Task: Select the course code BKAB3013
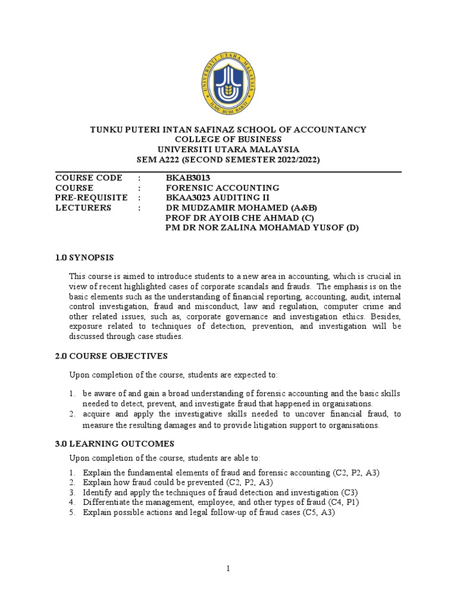click(188, 178)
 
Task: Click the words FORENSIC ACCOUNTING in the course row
click(222, 188)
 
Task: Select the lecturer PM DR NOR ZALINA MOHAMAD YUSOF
click(262, 228)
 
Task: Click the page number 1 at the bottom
click(228, 569)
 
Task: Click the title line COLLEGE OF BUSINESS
click(228, 139)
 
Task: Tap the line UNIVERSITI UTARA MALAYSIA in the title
click(228, 149)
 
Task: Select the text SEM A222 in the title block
click(158, 159)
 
